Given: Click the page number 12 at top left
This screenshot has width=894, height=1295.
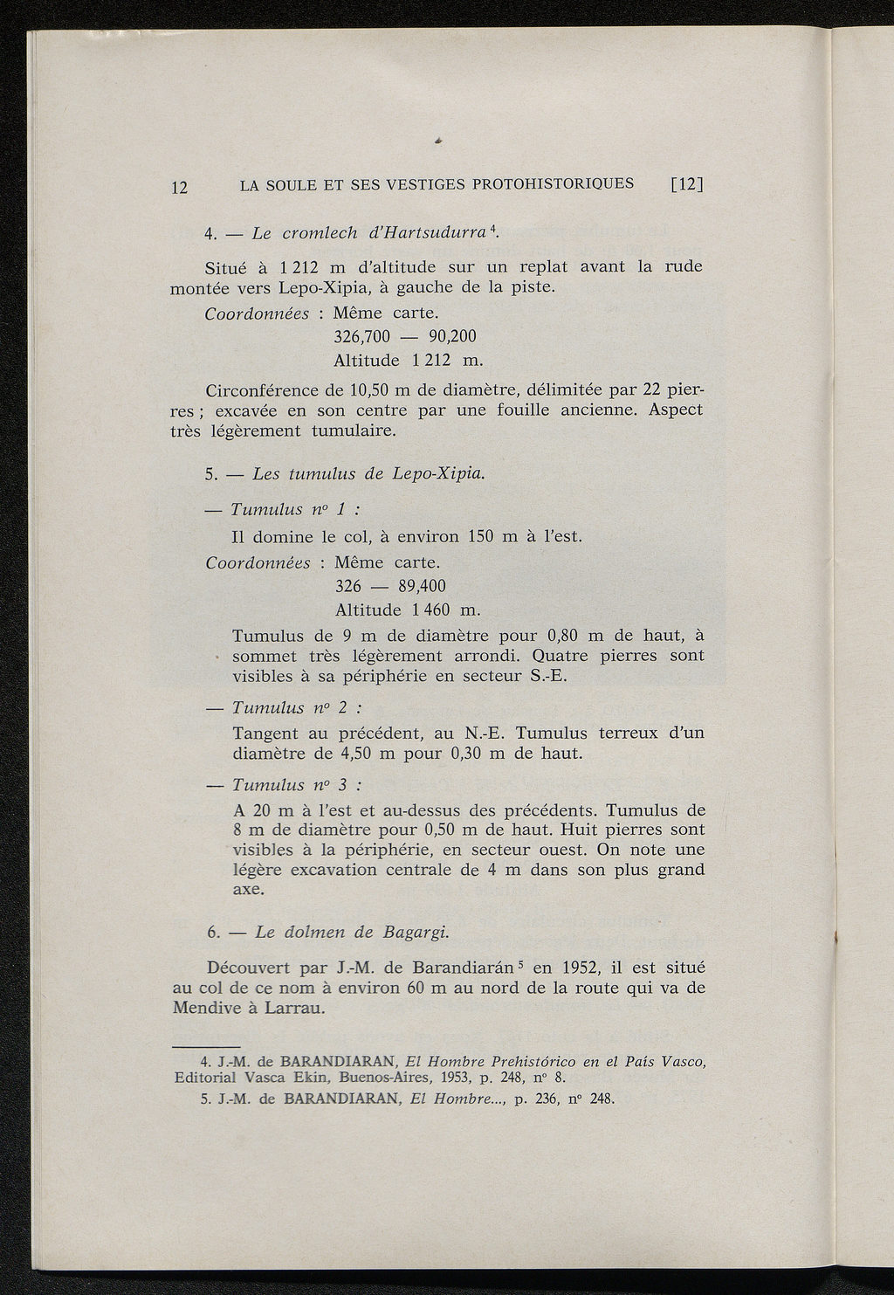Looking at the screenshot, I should coord(179,187).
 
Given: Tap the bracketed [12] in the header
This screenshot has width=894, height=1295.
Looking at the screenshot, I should coord(687,184).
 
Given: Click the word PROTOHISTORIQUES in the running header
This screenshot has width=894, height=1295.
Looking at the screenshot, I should coord(553,183).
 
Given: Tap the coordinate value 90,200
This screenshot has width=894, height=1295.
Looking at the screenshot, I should coord(453,336).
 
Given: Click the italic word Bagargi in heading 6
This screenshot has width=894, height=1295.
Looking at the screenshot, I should coord(415,932).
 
